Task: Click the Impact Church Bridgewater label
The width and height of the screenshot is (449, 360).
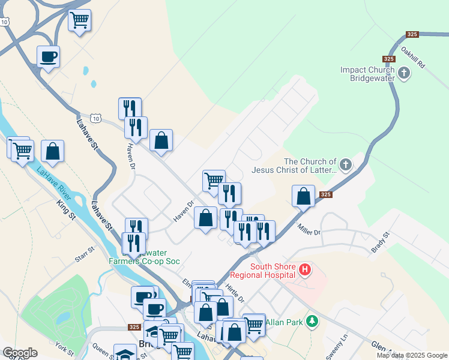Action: [x=368, y=74]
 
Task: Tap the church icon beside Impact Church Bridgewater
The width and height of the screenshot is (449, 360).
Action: [x=404, y=74]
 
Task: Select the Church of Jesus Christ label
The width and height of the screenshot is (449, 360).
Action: [x=310, y=166]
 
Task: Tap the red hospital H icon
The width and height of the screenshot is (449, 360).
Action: [x=305, y=271]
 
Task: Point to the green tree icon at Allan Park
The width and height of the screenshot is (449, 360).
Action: [x=311, y=322]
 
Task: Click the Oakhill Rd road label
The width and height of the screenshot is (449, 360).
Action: [x=413, y=56]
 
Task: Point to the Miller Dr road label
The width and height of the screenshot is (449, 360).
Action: [x=309, y=229]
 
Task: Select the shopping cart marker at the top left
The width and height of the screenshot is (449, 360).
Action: [x=79, y=21]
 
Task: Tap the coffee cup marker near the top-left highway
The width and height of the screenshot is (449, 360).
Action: [x=48, y=58]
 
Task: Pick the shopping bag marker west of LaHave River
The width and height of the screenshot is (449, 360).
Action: [x=53, y=152]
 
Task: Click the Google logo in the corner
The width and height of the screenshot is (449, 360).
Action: [x=19, y=353]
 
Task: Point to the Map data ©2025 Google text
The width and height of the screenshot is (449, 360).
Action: [x=412, y=355]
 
